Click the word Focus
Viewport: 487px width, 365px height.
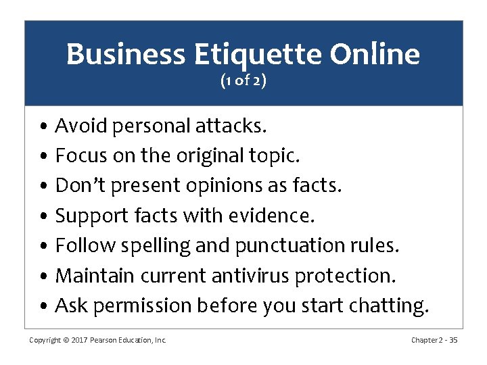[80, 155]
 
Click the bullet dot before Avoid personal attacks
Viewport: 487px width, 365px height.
[43, 126]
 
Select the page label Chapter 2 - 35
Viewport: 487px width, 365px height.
[434, 340]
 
